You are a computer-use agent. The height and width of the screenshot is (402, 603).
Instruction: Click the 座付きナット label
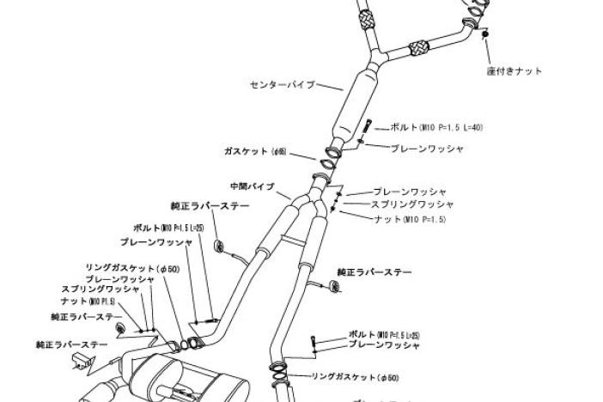[x=515, y=71]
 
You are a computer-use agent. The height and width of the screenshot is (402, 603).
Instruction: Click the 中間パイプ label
[x=252, y=186]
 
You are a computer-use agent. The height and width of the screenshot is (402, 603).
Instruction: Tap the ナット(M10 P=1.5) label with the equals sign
[x=410, y=219]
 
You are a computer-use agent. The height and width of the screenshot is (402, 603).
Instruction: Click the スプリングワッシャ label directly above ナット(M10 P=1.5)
[x=412, y=205]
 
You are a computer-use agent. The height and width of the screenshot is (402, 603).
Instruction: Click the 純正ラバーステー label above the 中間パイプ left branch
[x=210, y=207]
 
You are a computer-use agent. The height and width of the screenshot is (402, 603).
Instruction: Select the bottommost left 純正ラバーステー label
[x=72, y=344]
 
